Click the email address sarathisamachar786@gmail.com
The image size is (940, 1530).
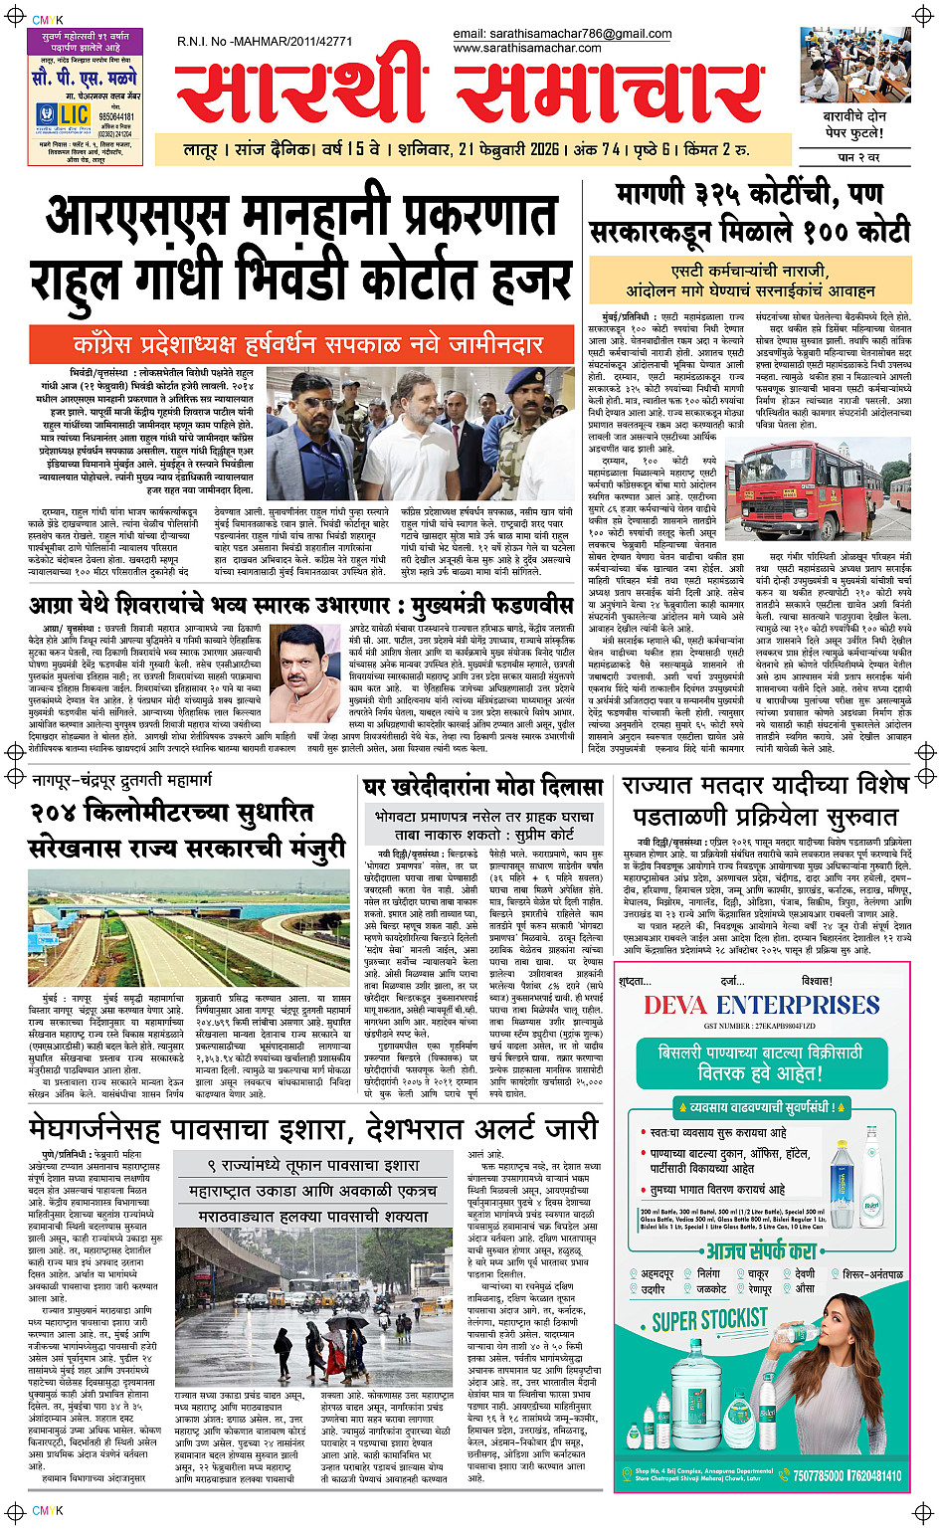(x=562, y=34)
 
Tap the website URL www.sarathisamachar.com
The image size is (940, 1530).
(x=527, y=48)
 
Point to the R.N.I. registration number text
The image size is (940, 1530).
(x=265, y=42)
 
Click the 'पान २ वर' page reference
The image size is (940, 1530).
(x=859, y=157)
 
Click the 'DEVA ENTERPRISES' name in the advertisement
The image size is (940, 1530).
(x=761, y=1005)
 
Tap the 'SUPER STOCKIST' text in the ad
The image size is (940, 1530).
(x=709, y=1320)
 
